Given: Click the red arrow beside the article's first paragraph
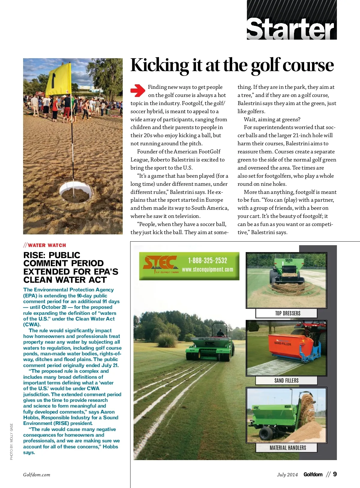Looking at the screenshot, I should (138, 91).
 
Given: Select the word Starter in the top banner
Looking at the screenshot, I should (290, 29).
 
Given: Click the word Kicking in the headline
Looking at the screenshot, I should (159, 65).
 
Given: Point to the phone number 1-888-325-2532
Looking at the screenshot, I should (208, 261).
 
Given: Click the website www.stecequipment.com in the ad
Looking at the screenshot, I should (208, 270).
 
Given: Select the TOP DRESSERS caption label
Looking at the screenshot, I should (287, 313).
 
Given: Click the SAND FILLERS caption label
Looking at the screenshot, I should (286, 381).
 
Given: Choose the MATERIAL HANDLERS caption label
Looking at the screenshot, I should (288, 448).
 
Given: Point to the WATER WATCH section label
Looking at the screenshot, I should (47, 245).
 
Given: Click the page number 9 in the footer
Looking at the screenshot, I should (335, 474).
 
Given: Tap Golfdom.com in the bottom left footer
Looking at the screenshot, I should (37, 475).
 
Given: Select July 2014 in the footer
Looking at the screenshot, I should (287, 475).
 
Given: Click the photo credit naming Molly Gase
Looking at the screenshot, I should (11, 441).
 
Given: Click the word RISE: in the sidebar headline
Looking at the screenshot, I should (35, 255).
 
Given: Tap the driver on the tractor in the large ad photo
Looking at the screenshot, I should (220, 332).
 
